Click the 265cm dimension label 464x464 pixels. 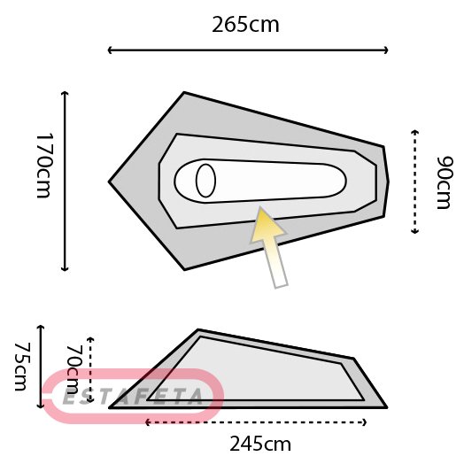coord(245,25)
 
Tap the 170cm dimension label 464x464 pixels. coord(44,166)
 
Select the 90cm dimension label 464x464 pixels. coord(445,182)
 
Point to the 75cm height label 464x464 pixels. coord(23,367)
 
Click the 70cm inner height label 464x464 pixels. coord(73,370)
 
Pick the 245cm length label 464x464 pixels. coord(260,444)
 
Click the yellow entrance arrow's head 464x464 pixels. coord(267,226)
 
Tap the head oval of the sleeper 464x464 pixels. coord(205,181)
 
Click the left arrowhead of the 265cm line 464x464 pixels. coord(110,50)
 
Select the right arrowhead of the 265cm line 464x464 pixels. coord(386,50)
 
